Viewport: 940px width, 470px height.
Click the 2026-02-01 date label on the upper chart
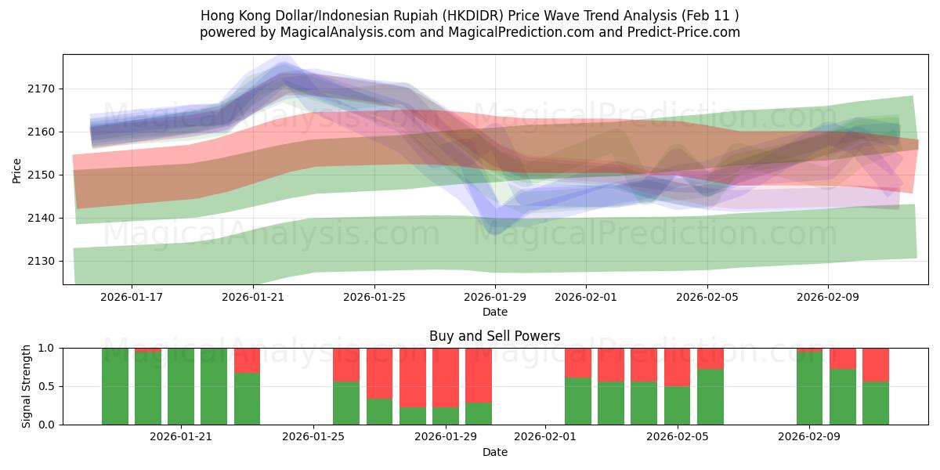point(586,298)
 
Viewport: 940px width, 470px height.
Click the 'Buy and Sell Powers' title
point(494,336)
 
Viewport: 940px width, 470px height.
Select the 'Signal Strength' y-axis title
point(27,386)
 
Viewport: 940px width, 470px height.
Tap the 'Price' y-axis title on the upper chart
point(17,170)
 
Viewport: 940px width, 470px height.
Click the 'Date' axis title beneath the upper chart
point(494,312)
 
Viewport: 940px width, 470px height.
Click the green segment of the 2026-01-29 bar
point(446,416)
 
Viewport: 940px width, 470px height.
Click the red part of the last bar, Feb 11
point(876,364)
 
